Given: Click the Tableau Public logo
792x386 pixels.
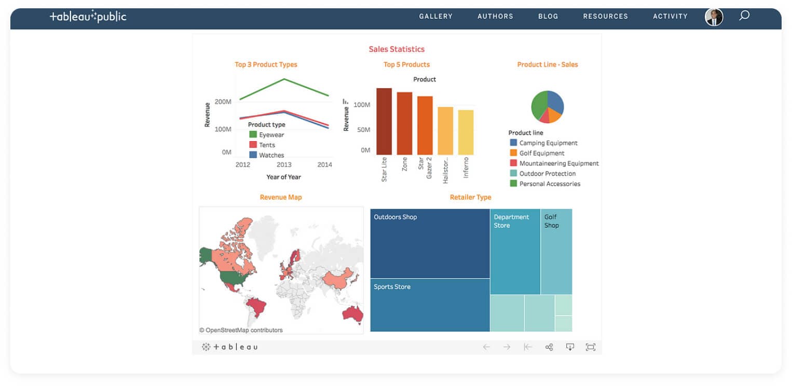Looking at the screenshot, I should (x=88, y=17).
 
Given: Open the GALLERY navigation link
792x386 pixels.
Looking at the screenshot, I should (x=435, y=17).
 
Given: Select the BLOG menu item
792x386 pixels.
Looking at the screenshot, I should (x=548, y=17).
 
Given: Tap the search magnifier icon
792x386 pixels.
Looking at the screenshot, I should (x=744, y=16).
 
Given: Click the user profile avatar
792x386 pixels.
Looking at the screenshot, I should (x=714, y=17).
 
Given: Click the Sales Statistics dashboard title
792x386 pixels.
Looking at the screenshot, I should (x=397, y=49).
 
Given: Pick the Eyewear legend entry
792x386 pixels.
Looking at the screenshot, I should (x=271, y=135).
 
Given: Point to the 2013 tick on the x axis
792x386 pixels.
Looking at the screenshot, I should (x=284, y=164).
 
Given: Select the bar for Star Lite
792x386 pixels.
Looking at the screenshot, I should (x=384, y=121).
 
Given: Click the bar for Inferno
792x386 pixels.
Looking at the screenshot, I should (x=466, y=132).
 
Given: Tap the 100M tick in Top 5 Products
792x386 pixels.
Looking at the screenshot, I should (x=362, y=105).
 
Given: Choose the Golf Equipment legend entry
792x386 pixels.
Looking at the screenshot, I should (x=541, y=153).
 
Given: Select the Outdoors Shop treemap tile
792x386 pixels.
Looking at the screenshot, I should (x=430, y=243).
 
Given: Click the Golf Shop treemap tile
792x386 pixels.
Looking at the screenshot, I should (x=556, y=252).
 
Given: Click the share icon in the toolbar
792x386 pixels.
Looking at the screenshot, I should (x=549, y=347).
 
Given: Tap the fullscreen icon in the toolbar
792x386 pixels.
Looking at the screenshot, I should (x=590, y=347).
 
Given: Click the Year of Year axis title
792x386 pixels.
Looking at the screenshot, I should (x=283, y=177).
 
